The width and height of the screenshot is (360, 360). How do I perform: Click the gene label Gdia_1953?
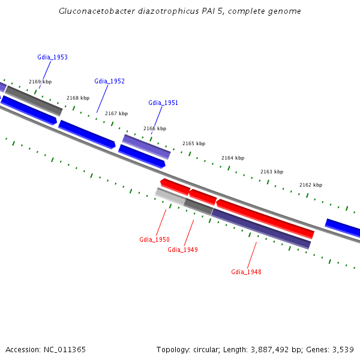52,58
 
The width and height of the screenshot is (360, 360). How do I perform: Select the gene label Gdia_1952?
109,82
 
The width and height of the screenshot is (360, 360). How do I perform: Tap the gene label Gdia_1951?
163,103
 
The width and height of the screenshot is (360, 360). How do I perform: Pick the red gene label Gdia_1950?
154,240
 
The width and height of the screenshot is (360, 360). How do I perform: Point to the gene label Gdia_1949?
182,250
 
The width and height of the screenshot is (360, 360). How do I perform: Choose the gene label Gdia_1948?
246,272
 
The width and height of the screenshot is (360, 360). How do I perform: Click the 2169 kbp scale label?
40,82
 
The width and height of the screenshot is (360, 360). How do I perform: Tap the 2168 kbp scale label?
78,98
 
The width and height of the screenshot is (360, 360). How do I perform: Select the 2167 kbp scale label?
116,114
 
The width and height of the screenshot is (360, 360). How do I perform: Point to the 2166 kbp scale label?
155,129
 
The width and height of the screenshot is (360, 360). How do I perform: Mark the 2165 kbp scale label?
194,144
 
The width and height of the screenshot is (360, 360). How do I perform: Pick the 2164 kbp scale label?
233,158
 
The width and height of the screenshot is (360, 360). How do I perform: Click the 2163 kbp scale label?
272,172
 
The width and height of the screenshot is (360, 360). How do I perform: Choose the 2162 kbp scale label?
311,185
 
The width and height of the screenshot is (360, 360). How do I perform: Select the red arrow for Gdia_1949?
203,196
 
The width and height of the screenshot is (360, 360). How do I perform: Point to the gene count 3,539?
341,350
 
